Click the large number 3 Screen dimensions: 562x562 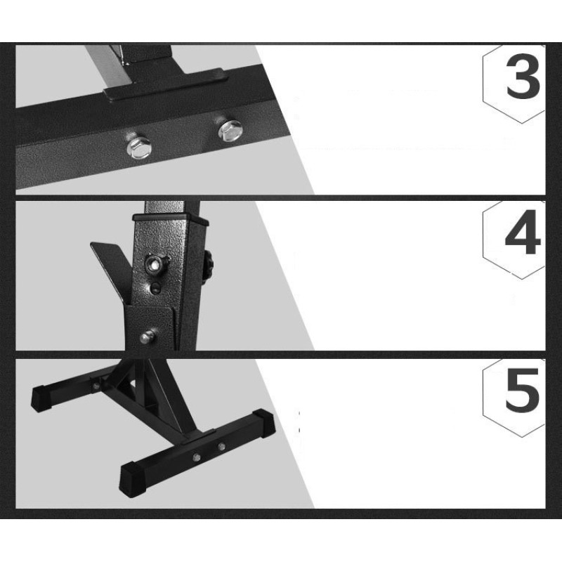[x=523, y=77]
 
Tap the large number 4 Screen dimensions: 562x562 [x=522, y=232]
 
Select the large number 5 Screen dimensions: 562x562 [x=522, y=390]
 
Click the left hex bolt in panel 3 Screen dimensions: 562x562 [x=139, y=146]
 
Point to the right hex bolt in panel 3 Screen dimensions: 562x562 [x=230, y=130]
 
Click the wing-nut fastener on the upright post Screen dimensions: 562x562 [x=156, y=264]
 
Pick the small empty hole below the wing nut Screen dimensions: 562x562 [x=155, y=288]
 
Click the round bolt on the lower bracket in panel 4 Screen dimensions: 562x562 [x=148, y=336]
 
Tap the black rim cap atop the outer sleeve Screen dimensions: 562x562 [x=171, y=218]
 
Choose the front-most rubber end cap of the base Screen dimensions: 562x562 [x=133, y=479]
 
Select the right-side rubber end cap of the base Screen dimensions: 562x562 [x=263, y=424]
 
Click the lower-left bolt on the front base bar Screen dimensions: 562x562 [x=196, y=457]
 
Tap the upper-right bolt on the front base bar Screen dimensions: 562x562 [x=221, y=447]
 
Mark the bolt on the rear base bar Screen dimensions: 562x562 [x=96, y=386]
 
